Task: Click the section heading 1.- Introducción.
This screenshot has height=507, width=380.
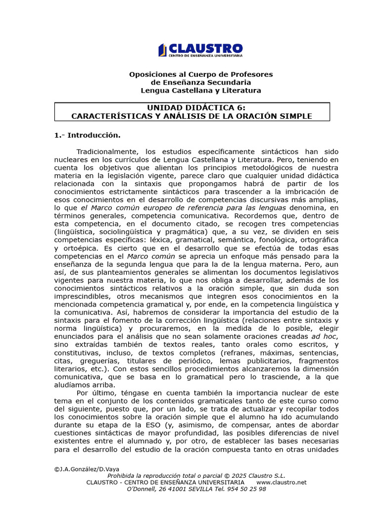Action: click(x=87, y=135)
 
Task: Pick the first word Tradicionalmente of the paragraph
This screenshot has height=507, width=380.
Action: click(x=106, y=151)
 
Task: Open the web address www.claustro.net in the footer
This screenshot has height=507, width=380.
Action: click(x=282, y=482)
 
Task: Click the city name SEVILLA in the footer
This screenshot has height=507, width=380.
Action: click(x=188, y=489)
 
